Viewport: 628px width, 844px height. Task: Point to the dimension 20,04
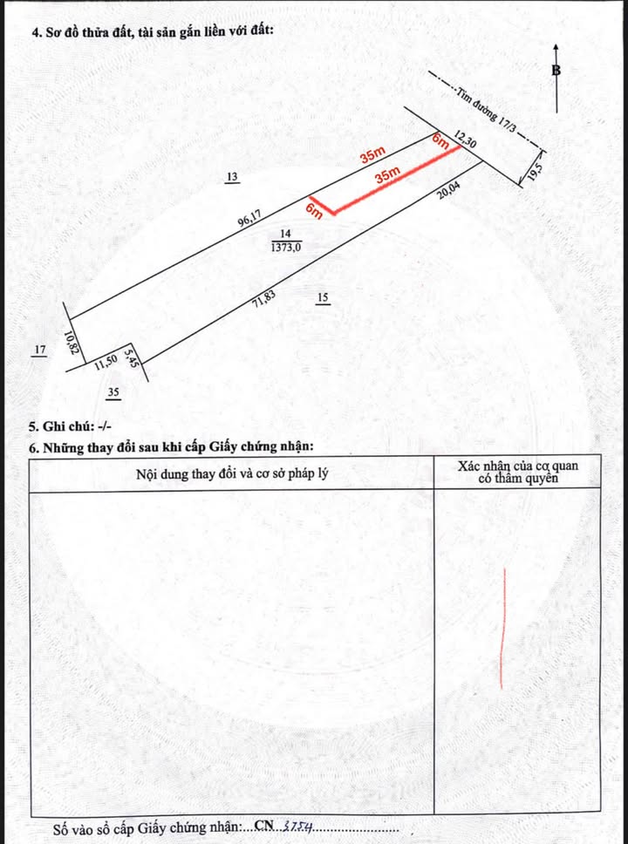coord(454,191)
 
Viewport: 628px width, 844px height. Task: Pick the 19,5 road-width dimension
coord(535,170)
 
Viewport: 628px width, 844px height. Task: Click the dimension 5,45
coord(132,357)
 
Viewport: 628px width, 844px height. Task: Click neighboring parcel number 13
coord(232,178)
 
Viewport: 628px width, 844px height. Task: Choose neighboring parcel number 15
coord(323,298)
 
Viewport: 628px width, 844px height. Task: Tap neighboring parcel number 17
coord(39,351)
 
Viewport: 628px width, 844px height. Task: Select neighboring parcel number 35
coord(113,393)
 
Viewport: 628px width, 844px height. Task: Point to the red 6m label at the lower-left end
coord(315,210)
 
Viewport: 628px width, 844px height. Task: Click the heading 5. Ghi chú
coord(71,427)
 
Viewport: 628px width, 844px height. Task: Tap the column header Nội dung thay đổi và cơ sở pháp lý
coord(232,473)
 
